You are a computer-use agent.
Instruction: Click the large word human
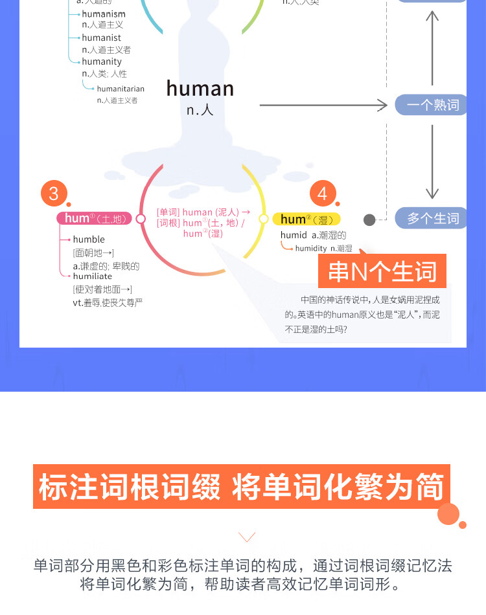200,89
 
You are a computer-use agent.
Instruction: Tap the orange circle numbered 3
54,193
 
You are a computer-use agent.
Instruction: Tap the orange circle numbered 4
323,193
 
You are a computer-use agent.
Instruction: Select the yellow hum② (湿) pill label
306,219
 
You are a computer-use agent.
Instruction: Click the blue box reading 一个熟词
432,105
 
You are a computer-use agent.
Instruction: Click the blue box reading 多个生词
432,219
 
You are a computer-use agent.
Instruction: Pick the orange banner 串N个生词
382,271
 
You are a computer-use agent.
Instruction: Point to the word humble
89,240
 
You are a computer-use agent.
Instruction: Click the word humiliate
93,276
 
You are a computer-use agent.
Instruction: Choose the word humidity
311,249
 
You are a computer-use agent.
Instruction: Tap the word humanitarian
121,89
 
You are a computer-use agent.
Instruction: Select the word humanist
101,38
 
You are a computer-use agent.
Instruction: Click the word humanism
104,14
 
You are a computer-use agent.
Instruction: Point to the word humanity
102,61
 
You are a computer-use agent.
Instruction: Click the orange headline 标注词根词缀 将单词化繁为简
242,487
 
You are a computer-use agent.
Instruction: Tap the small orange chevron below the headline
247,537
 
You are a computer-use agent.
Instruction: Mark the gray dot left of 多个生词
369,219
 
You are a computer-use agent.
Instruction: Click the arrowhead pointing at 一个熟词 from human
382,105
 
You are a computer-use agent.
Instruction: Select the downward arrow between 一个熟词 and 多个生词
432,162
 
